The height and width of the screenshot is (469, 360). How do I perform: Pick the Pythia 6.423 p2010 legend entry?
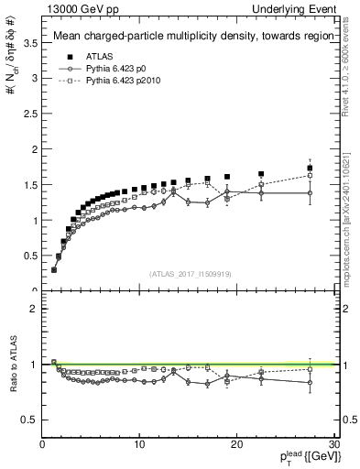click(x=124, y=81)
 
